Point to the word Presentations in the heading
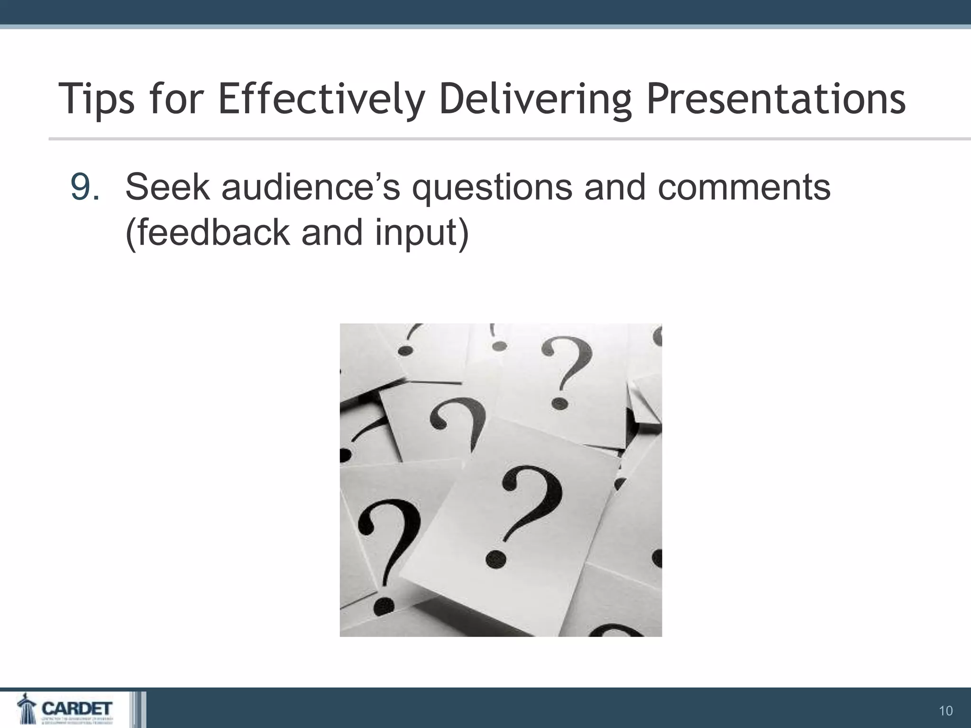[776, 100]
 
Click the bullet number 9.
[84, 188]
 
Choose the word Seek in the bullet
[167, 188]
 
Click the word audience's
[311, 188]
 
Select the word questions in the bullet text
[492, 188]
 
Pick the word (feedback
[208, 233]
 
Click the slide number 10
[945, 711]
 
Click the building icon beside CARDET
[26, 710]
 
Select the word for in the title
[176, 100]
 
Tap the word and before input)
[331, 233]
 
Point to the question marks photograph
[501, 480]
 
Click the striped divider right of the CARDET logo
[138, 710]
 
